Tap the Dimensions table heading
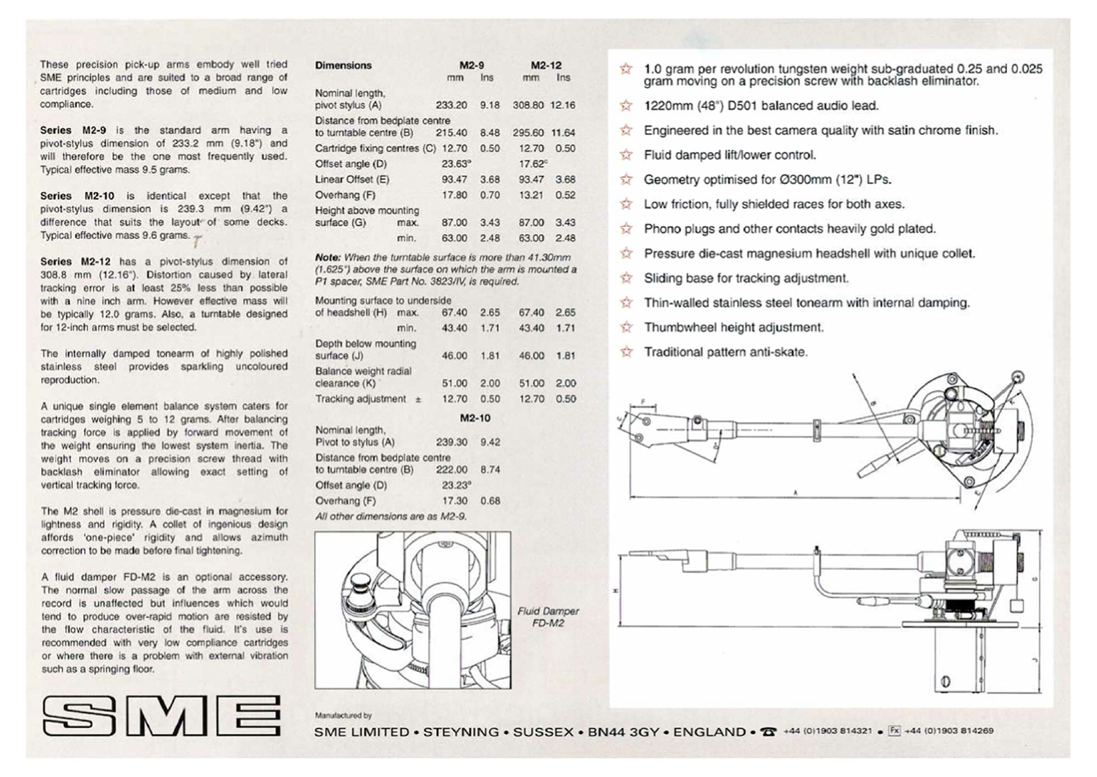point(343,65)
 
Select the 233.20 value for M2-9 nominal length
point(451,105)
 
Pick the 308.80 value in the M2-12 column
point(528,105)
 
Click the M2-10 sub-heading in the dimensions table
point(475,418)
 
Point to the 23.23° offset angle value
point(456,485)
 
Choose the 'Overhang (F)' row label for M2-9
point(345,195)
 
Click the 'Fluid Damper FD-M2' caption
point(548,617)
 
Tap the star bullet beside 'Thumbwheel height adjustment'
point(627,327)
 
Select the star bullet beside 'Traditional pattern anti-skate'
point(627,352)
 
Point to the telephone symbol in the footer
point(769,732)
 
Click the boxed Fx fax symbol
point(894,730)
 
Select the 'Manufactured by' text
point(343,716)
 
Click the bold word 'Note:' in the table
point(328,258)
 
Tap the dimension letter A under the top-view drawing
point(796,492)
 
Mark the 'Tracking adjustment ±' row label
point(368,399)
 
